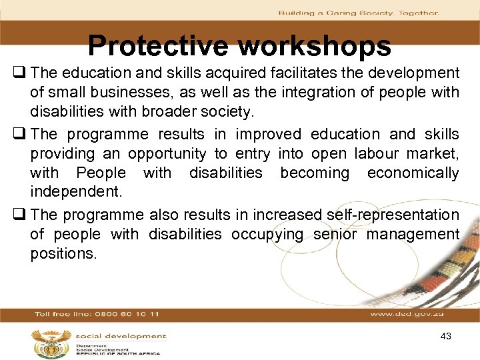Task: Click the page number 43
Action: pyautogui.click(x=446, y=336)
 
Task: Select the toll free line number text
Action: pyautogui.click(x=97, y=313)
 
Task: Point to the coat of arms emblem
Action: pyautogui.click(x=50, y=343)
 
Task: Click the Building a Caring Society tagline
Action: pyautogui.click(x=358, y=13)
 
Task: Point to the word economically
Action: pyautogui.click(x=413, y=173)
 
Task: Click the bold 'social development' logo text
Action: pyautogui.click(x=121, y=336)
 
